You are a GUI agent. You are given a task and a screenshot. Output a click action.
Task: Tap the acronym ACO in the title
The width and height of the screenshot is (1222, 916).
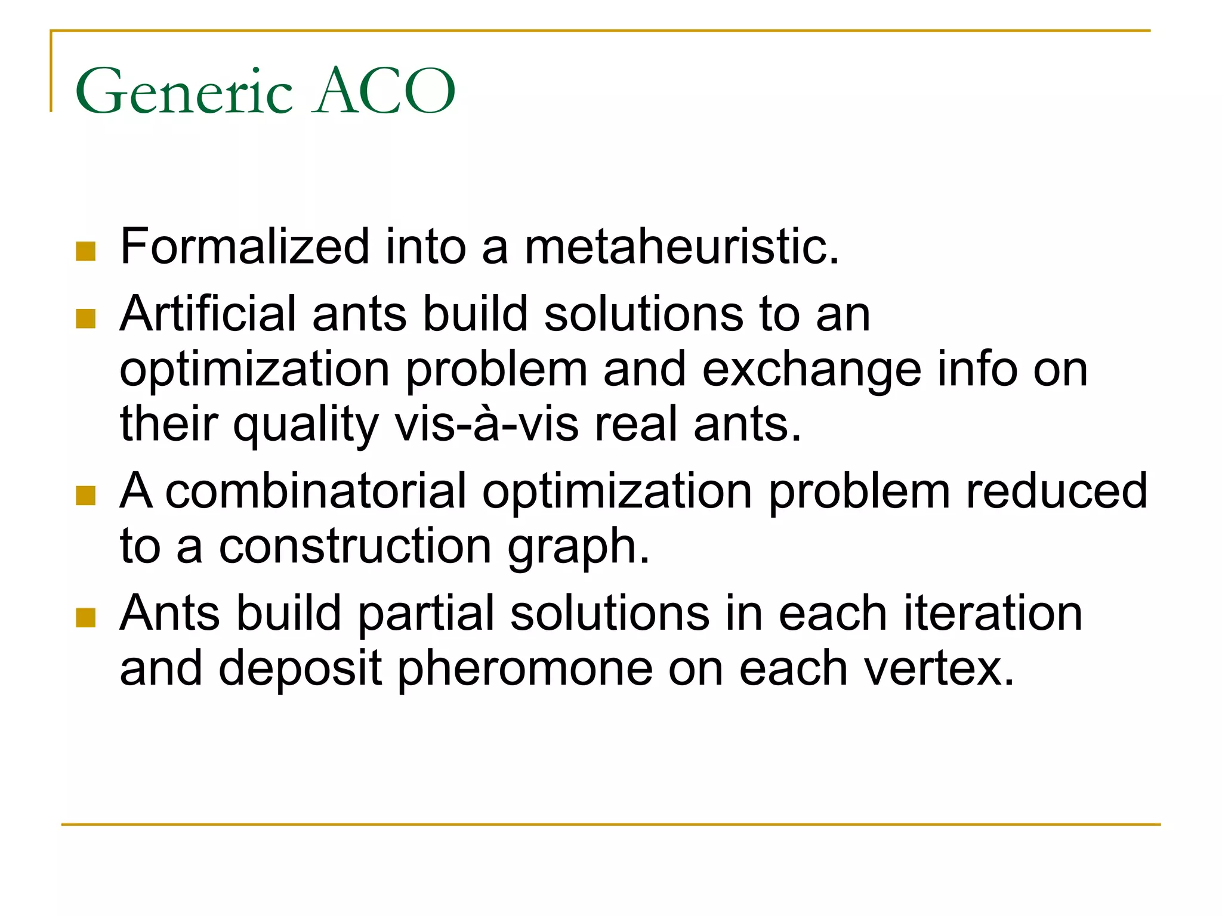[x=385, y=91]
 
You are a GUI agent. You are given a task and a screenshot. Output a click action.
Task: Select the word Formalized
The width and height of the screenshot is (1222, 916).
[x=245, y=246]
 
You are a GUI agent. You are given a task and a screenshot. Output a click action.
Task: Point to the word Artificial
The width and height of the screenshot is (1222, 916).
[x=208, y=314]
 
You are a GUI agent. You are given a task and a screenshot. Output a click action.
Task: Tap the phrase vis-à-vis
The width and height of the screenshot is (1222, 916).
[x=486, y=424]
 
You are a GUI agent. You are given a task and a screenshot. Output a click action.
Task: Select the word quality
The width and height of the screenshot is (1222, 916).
[x=305, y=425]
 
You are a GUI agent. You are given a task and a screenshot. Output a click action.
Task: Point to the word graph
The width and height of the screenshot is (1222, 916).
[x=578, y=547]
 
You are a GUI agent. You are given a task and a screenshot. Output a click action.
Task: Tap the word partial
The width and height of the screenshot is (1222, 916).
[x=426, y=614]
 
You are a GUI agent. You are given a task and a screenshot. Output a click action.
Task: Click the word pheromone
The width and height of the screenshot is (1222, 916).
[x=525, y=669]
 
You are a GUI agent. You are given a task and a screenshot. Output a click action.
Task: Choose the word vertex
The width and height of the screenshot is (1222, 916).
[x=939, y=669]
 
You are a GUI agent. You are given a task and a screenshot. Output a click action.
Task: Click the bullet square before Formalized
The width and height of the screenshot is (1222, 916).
[x=86, y=251]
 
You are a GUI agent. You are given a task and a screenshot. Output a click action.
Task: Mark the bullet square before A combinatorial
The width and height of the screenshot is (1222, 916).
[x=86, y=496]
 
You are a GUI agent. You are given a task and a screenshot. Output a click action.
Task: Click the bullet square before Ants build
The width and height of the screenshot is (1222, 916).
[x=86, y=618]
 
